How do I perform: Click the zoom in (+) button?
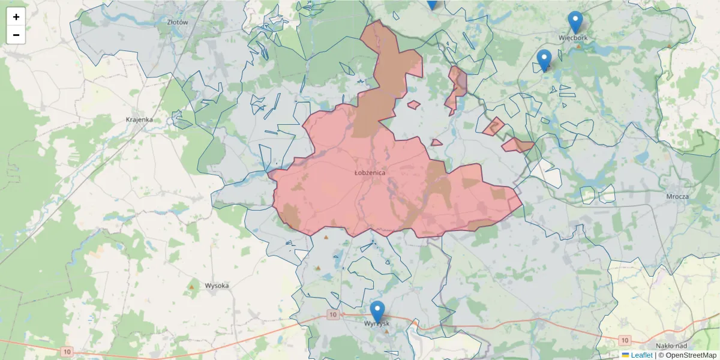tap(16, 17)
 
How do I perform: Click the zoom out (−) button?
tap(16, 35)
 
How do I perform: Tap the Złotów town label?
tap(178, 22)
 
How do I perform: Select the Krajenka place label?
tap(139, 119)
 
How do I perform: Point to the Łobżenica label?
tap(370, 172)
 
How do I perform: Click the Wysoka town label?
tap(217, 286)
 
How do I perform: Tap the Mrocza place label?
tap(677, 196)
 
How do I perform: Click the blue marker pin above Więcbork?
tap(575, 22)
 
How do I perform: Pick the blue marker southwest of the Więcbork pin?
tap(544, 60)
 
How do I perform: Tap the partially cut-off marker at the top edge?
tap(432, 4)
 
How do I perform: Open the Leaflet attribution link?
tap(641, 355)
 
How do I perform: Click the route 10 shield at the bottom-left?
tap(65, 351)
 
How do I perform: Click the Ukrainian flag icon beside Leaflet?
tap(625, 355)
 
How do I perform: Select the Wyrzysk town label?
tap(377, 323)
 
